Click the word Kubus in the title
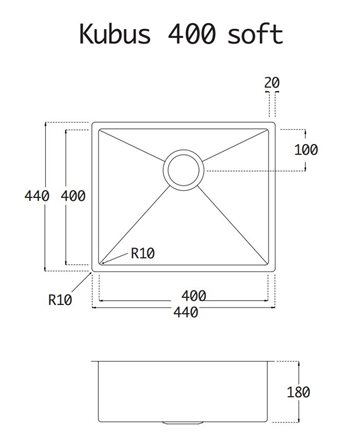point(115,34)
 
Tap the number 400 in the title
point(192,34)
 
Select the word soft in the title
point(255,34)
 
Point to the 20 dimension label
point(272,83)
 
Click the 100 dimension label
point(306,150)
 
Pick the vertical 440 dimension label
point(37,196)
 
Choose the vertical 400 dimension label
point(73,196)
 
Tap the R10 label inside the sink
point(143,253)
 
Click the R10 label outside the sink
point(60,300)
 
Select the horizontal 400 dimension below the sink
point(194,296)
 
